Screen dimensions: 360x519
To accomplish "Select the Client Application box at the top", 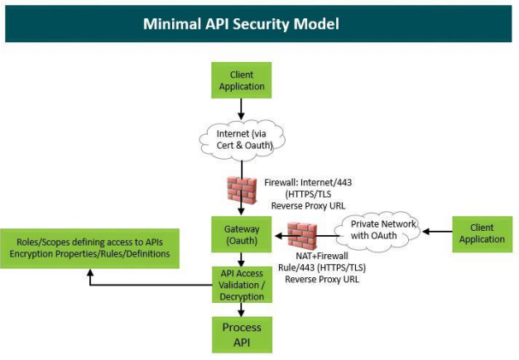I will (x=240, y=80).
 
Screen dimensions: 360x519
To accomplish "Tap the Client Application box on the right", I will (x=481, y=233).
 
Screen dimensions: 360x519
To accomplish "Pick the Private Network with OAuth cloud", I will (x=382, y=229).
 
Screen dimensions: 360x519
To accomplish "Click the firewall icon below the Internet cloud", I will (x=241, y=193).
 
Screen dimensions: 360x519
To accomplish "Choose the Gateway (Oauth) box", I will (x=240, y=234).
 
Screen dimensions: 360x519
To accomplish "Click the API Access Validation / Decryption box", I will (x=240, y=285).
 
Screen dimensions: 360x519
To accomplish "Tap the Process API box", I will (x=240, y=334).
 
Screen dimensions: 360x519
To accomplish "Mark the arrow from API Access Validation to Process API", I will (x=240, y=310).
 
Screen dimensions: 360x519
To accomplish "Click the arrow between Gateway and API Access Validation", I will (x=240, y=258).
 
